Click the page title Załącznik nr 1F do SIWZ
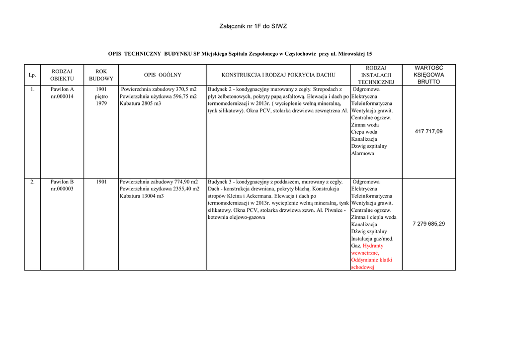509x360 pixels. click(253, 26)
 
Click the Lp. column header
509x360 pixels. click(32, 75)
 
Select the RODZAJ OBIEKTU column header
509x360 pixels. click(62, 75)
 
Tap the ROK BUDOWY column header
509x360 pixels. click(101, 75)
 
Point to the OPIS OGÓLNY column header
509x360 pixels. click(163, 75)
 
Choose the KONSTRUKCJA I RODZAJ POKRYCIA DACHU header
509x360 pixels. click(278, 75)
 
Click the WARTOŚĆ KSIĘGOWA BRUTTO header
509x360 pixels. click(428, 75)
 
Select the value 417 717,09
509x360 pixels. click(428, 132)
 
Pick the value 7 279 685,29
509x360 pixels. click(428, 224)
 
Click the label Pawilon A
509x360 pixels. click(62, 90)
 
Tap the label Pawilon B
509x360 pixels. click(62, 182)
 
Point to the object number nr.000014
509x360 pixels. click(62, 96)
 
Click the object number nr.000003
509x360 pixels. click(62, 189)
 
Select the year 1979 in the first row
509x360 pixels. click(101, 103)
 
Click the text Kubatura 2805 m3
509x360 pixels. click(140, 103)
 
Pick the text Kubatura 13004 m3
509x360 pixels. click(142, 196)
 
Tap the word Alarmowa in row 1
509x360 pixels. click(363, 154)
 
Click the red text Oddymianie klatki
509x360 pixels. click(372, 260)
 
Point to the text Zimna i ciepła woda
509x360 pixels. click(374, 217)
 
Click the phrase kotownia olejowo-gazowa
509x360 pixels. click(236, 217)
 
